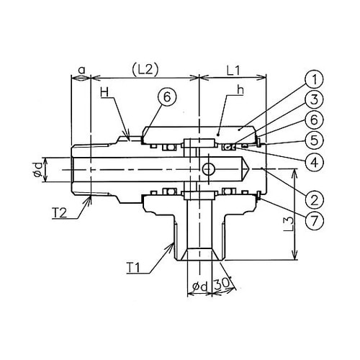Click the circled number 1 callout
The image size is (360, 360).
pyautogui.click(x=314, y=79)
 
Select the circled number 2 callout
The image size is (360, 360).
pyautogui.click(x=314, y=199)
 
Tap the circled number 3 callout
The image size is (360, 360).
pyautogui.click(x=314, y=99)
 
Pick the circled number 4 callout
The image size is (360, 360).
pyautogui.click(x=314, y=162)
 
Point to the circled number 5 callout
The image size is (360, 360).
pyautogui.click(x=314, y=140)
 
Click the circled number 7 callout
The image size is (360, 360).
pyautogui.click(x=314, y=220)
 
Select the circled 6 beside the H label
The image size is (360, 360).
pyautogui.click(x=167, y=97)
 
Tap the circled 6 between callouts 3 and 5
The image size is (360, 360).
pyautogui.click(x=314, y=120)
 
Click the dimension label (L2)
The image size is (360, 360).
pyautogui.click(x=145, y=70)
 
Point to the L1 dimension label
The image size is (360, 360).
pyautogui.click(x=233, y=71)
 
